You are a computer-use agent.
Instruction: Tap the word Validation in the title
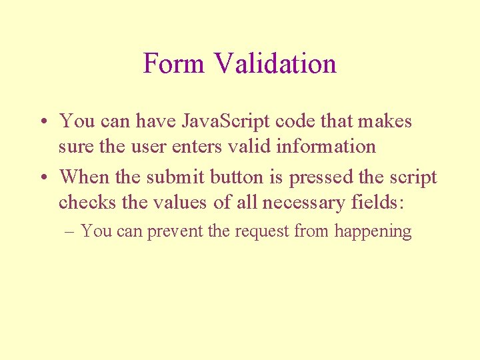pyautogui.click(x=275, y=64)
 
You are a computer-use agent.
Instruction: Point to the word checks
pyautogui.click(x=84, y=202)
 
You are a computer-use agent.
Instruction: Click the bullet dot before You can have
pyautogui.click(x=42, y=122)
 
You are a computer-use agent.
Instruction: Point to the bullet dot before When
pyautogui.click(x=42, y=178)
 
